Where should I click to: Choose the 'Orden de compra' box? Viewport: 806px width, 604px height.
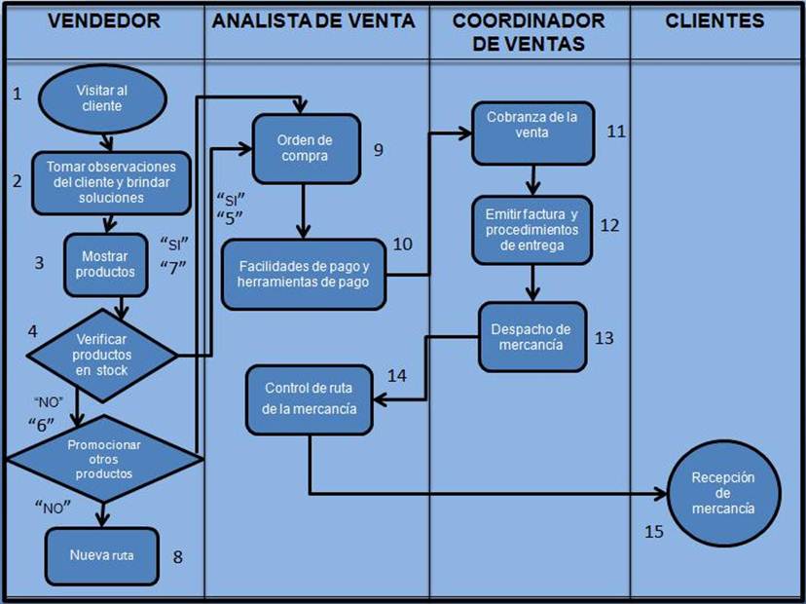tap(306, 149)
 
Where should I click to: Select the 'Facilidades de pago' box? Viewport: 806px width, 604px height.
tap(304, 273)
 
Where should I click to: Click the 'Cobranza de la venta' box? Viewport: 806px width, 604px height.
tap(532, 132)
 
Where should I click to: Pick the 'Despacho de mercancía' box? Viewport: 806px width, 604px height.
tap(532, 336)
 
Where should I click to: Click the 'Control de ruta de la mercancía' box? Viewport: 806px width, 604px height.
tap(310, 397)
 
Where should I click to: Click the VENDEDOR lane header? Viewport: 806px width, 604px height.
tap(102, 20)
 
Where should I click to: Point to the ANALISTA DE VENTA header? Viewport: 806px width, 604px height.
tap(313, 20)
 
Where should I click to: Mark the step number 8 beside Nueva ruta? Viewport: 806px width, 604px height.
tap(177, 556)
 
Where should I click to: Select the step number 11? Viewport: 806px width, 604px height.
tap(616, 131)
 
